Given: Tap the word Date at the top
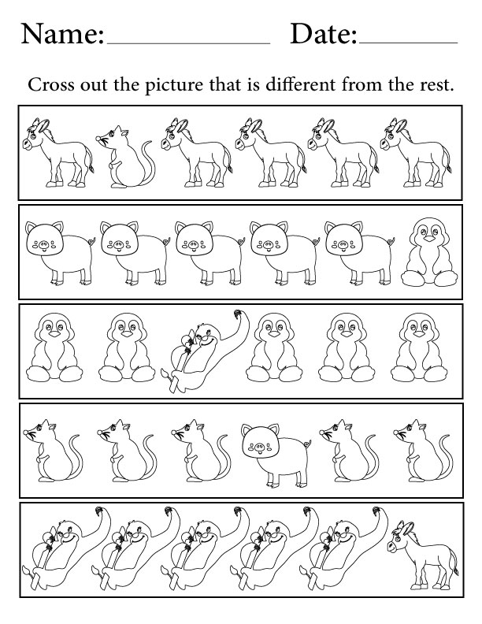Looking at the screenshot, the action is pyautogui.click(x=324, y=34).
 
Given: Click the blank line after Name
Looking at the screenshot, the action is pyautogui.click(x=188, y=43).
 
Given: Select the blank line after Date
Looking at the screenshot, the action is pyautogui.click(x=408, y=43).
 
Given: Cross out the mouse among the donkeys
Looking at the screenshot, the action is pyautogui.click(x=124, y=157).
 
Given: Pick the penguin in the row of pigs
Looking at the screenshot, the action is pyautogui.click(x=429, y=253).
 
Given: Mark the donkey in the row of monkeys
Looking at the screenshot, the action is pyautogui.click(x=422, y=555).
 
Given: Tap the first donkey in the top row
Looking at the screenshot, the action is pyautogui.click(x=58, y=153).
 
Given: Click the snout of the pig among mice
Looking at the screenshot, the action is pyautogui.click(x=259, y=446).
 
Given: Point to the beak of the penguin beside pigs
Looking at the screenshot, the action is pyautogui.click(x=429, y=239).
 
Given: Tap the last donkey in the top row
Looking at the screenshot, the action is pyautogui.click(x=416, y=153).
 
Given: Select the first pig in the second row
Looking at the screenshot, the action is pyautogui.click(x=61, y=253).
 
